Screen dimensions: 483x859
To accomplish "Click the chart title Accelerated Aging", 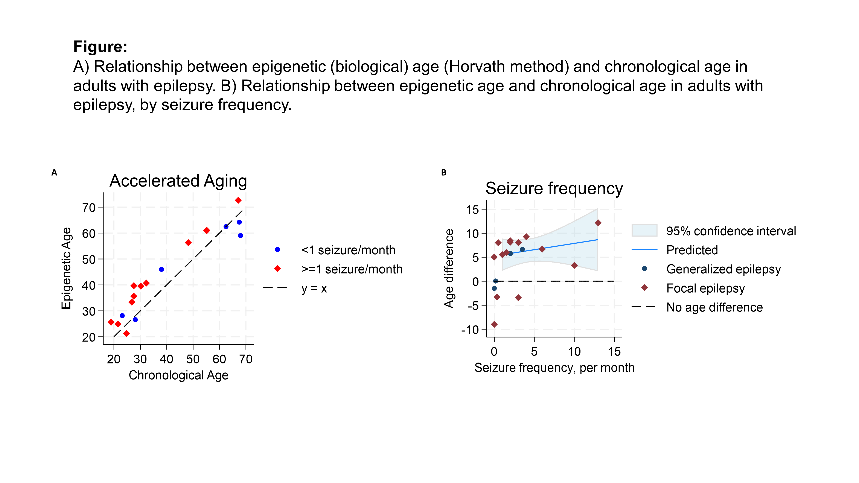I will click(178, 181).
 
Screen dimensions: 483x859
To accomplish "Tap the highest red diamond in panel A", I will click(238, 200).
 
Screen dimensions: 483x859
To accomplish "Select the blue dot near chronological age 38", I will click(161, 269).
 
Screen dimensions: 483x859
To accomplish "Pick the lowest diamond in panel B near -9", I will click(494, 324).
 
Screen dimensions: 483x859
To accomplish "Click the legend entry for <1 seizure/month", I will click(348, 250).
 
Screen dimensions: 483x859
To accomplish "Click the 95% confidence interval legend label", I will click(731, 231).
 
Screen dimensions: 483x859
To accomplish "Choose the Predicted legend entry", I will click(692, 250).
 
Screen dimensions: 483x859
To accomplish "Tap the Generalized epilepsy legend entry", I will click(723, 269).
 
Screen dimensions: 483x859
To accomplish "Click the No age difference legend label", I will click(714, 307).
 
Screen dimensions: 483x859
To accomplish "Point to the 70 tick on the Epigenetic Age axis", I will click(89, 208).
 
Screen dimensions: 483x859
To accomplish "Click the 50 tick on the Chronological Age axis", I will click(193, 359).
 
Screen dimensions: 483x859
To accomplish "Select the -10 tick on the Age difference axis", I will click(470, 330).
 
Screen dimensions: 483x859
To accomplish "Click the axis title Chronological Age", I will click(178, 375).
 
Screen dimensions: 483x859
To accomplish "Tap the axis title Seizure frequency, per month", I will click(554, 368).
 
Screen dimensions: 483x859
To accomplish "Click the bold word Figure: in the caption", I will click(100, 47).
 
